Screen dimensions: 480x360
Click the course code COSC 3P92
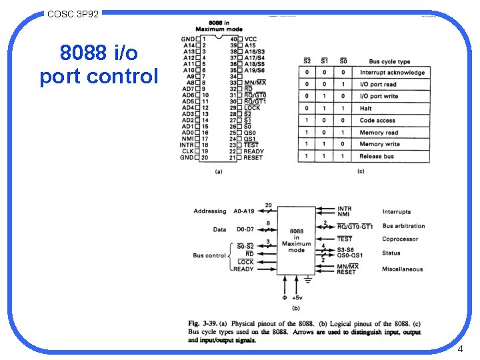click(x=73, y=13)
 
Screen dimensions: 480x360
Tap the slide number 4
click(x=460, y=349)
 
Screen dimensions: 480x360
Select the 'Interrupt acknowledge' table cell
click(x=392, y=73)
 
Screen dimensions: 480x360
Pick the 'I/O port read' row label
click(x=378, y=85)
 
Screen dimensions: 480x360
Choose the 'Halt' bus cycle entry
click(x=366, y=109)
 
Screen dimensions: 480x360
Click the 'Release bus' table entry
click(x=376, y=156)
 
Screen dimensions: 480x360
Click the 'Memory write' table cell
click(x=379, y=144)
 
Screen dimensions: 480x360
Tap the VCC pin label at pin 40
click(x=251, y=39)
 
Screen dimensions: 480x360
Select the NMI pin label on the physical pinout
click(x=188, y=139)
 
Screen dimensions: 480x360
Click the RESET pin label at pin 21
click(x=253, y=157)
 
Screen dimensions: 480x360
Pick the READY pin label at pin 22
click(x=253, y=151)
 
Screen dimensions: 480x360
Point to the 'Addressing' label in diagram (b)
click(x=210, y=211)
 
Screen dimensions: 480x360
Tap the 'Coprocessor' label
click(x=400, y=239)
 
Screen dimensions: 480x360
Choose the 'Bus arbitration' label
click(x=403, y=226)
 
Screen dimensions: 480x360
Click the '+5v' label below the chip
click(x=297, y=297)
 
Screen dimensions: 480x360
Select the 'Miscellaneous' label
click(x=402, y=269)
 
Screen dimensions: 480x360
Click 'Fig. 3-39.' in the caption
click(x=203, y=324)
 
